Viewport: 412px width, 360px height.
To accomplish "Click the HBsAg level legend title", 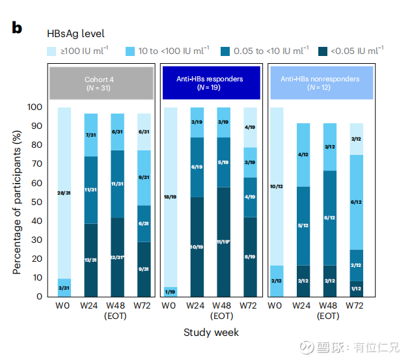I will (x=75, y=33).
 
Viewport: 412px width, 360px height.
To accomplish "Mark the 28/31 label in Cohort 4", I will (x=64, y=193).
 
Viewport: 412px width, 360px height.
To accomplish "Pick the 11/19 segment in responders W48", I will (x=223, y=242).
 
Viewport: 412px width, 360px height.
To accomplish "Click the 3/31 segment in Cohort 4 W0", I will (x=64, y=288).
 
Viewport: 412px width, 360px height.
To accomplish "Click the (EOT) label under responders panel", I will (x=223, y=316).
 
